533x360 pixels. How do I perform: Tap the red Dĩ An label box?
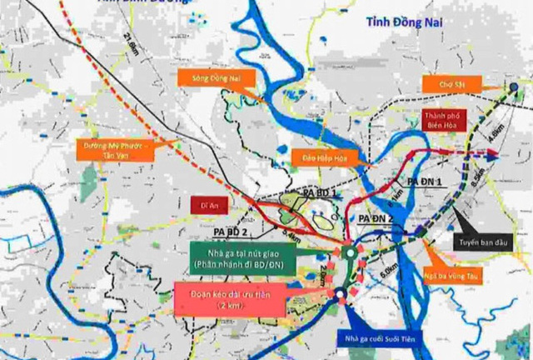[209, 201]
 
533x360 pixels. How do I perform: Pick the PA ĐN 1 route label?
[424, 182]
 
